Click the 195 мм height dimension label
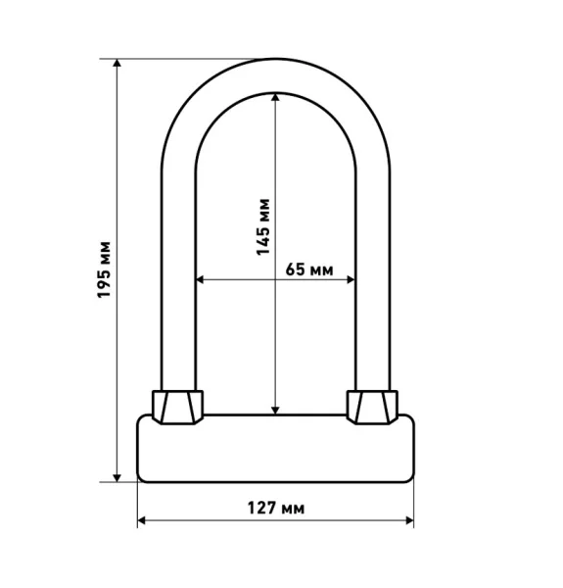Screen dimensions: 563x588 click(104, 270)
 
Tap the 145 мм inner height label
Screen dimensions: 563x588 click(263, 227)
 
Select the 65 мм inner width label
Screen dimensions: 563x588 click(309, 269)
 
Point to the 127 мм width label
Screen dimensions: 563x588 click(276, 508)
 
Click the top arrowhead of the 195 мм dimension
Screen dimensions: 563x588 click(117, 63)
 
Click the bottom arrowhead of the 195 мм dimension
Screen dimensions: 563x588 click(117, 477)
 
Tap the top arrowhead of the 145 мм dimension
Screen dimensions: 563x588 click(275, 97)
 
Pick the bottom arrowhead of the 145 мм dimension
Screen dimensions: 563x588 click(275, 411)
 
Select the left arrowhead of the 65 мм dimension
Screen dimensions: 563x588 click(200, 279)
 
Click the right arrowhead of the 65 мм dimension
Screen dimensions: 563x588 click(351, 279)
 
